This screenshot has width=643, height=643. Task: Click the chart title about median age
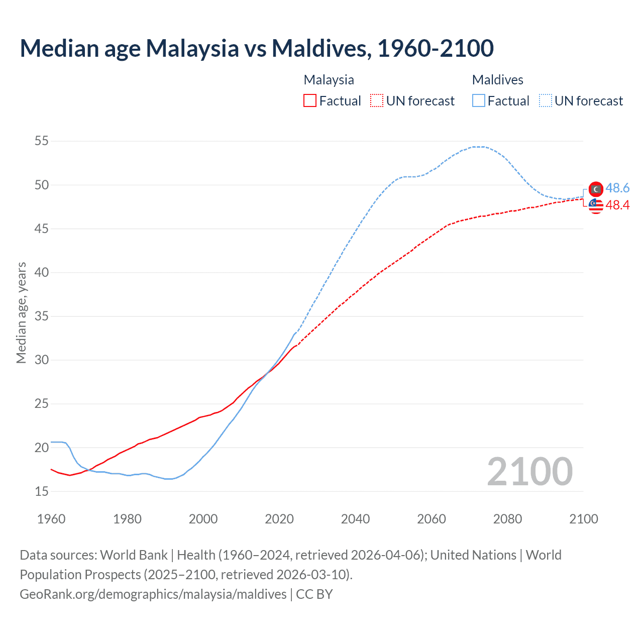[x=257, y=48]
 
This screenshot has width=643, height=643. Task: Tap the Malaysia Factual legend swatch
[x=310, y=101]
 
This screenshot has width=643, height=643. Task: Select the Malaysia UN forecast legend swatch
[x=377, y=101]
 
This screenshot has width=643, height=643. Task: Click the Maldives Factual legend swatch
[x=479, y=101]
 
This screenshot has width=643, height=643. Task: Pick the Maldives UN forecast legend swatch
[x=546, y=101]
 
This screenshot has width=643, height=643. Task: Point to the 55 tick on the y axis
[x=42, y=141]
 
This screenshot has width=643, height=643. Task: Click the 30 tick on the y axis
[x=42, y=360]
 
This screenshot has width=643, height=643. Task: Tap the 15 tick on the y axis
[x=42, y=491]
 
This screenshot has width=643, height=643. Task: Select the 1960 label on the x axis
[x=51, y=519]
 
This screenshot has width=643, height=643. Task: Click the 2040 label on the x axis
[x=355, y=519]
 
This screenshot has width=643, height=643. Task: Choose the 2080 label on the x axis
[x=507, y=519]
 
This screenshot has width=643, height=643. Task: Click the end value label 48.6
[x=617, y=188]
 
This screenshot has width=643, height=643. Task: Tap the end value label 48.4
[x=617, y=205]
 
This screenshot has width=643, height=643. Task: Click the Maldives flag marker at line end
[x=596, y=189]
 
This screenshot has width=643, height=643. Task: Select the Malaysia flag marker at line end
[x=596, y=205]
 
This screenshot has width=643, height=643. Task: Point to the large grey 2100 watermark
[x=529, y=472]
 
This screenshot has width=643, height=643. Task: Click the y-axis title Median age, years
[x=21, y=312]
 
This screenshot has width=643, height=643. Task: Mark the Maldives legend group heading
[x=497, y=80]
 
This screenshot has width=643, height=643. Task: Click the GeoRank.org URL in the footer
[x=153, y=594]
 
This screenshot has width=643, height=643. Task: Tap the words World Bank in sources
[x=134, y=555]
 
